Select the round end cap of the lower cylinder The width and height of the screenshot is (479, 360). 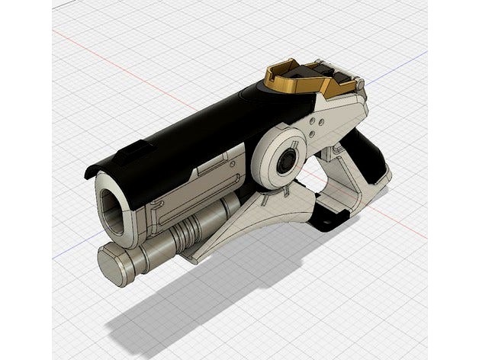point(111,264)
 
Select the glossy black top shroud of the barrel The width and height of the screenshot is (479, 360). point(191,130)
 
